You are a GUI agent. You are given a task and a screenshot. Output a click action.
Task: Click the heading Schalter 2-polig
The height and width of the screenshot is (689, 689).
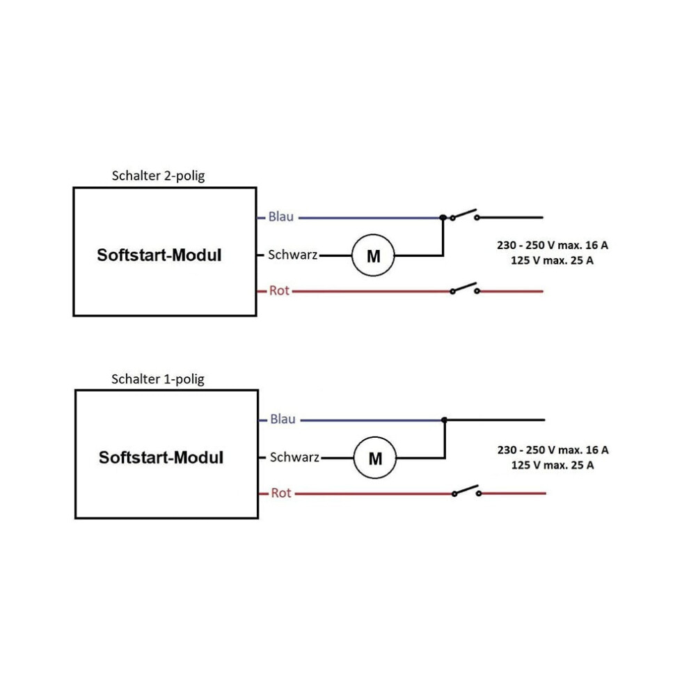click(158, 176)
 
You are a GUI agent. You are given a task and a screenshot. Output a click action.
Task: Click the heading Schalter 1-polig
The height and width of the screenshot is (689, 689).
click(158, 379)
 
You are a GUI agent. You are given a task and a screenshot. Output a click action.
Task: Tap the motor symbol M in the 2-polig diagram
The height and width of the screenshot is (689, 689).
click(373, 255)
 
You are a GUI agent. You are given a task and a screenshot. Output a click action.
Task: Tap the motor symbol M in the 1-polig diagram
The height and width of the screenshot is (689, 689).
click(375, 458)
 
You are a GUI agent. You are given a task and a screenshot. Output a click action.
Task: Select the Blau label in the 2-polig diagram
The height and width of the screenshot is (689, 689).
click(280, 216)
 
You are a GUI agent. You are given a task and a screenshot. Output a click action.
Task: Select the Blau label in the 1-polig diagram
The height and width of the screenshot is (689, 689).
click(283, 419)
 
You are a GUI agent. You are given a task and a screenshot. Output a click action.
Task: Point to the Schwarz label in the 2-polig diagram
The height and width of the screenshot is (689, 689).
click(292, 255)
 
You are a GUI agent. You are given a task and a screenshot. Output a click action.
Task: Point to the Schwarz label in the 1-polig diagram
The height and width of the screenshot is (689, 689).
click(294, 457)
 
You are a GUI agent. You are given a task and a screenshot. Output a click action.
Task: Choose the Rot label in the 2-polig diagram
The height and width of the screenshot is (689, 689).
click(279, 290)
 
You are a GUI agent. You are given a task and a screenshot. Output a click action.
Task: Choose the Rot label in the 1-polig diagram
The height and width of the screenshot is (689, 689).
click(280, 493)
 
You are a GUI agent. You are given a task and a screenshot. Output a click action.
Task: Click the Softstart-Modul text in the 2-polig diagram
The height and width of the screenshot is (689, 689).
click(159, 255)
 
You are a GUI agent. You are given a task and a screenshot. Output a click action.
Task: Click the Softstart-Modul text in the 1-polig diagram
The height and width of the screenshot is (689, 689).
click(161, 458)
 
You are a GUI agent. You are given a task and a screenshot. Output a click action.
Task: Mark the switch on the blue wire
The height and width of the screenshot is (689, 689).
click(464, 215)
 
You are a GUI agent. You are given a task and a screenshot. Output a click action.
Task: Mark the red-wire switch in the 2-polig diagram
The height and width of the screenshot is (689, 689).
click(464, 289)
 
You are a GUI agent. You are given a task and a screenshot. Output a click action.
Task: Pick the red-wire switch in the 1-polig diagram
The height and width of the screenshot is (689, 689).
click(467, 491)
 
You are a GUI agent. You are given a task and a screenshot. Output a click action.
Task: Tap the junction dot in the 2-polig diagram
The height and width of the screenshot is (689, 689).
click(443, 218)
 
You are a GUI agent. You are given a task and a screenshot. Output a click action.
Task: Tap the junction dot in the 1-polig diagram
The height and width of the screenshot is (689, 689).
click(444, 420)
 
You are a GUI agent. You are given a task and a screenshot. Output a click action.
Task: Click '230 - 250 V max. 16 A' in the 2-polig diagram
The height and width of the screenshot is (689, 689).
click(553, 245)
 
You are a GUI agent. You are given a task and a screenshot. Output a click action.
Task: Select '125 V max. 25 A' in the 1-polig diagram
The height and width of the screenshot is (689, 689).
click(553, 465)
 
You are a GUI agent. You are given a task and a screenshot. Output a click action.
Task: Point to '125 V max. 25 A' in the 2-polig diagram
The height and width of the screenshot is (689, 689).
click(552, 260)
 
